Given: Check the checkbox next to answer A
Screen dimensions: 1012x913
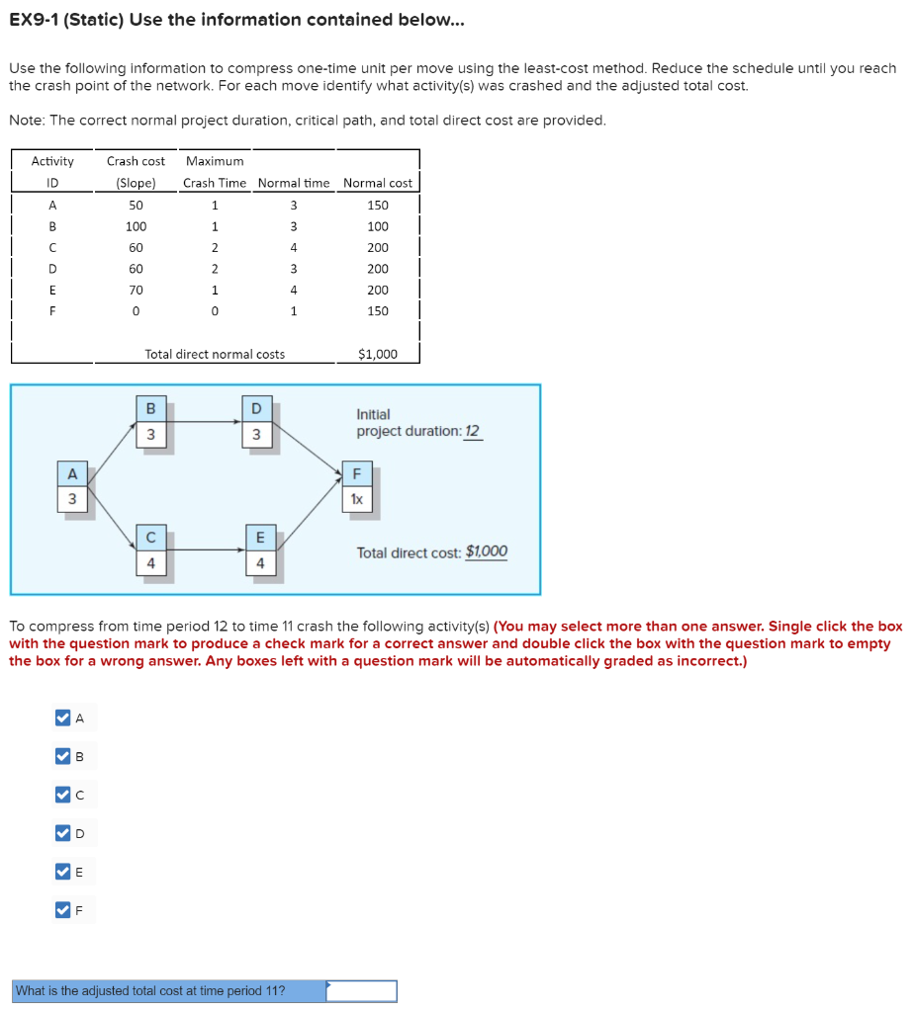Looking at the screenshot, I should [x=63, y=718].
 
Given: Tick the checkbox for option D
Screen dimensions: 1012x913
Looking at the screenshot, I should [x=63, y=833].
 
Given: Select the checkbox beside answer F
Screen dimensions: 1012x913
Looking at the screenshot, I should [x=63, y=909].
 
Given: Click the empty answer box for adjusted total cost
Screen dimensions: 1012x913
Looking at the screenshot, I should [x=362, y=990].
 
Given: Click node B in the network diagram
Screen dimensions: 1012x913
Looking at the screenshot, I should [x=150, y=423].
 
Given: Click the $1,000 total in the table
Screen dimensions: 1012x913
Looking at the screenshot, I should [x=378, y=354].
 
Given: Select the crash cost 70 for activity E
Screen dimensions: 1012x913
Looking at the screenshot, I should [x=136, y=291].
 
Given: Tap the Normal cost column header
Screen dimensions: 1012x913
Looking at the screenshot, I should [x=378, y=183].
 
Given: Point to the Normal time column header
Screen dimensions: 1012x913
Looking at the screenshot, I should [x=294, y=183].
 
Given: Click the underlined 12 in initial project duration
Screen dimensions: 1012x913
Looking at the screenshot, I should [x=472, y=432].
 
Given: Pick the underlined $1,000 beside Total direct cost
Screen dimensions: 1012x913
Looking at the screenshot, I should [x=487, y=552].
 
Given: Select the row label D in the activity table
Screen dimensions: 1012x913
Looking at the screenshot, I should [x=52, y=269].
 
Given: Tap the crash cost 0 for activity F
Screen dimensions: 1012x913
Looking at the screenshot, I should [x=136, y=311].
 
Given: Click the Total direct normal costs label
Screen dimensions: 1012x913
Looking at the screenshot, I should [x=215, y=354].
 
